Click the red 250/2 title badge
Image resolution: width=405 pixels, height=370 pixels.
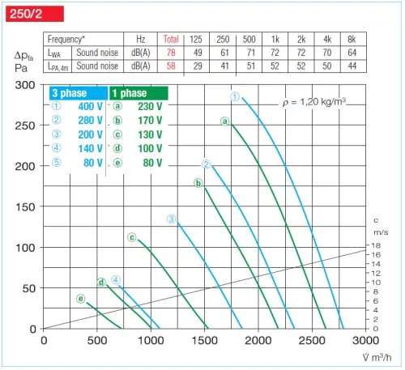click(x=25, y=11)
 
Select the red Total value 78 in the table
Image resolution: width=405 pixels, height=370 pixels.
click(x=171, y=53)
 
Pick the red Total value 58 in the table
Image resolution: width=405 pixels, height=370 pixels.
click(x=171, y=66)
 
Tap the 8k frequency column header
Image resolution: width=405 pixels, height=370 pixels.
click(x=351, y=40)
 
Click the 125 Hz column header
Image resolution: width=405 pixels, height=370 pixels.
click(x=196, y=40)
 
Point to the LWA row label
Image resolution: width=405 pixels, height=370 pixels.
click(x=53, y=53)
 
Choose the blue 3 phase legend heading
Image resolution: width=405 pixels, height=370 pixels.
click(x=70, y=94)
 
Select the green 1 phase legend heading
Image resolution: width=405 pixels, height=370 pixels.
click(x=130, y=94)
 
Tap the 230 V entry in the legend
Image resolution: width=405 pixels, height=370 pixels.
click(x=151, y=106)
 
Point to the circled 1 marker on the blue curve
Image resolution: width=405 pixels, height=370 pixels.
click(x=234, y=97)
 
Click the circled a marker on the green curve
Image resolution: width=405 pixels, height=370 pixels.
click(x=225, y=121)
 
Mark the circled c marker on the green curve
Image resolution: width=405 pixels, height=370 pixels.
click(x=131, y=237)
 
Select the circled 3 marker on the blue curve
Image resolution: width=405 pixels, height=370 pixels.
click(x=171, y=219)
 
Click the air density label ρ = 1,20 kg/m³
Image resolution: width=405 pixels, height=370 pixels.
click(x=323, y=101)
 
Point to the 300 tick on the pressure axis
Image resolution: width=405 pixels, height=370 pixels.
click(x=25, y=85)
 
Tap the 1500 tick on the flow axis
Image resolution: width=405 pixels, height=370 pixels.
click(x=205, y=342)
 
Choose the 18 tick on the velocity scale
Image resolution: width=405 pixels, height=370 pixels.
click(x=375, y=245)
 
